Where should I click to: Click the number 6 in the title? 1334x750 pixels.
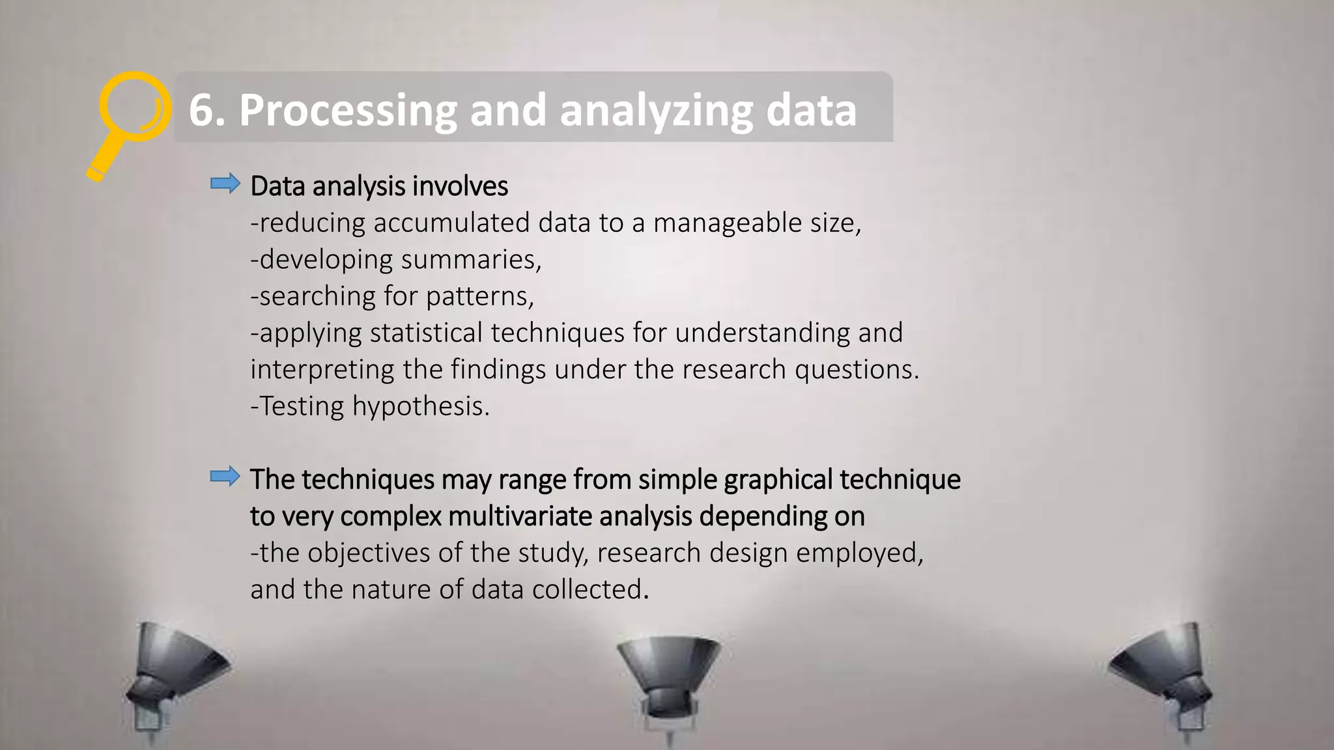[202, 110]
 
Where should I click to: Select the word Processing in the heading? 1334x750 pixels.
[348, 110]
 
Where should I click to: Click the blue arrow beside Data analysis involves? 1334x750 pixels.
[225, 184]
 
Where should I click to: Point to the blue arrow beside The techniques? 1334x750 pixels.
[225, 477]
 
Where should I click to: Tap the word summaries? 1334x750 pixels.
[470, 260]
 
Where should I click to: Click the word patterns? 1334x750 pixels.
[479, 296]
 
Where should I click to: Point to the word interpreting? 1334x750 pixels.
[322, 370]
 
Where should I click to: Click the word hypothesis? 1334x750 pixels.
[420, 406]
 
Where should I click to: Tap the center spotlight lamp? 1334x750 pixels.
[668, 677]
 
